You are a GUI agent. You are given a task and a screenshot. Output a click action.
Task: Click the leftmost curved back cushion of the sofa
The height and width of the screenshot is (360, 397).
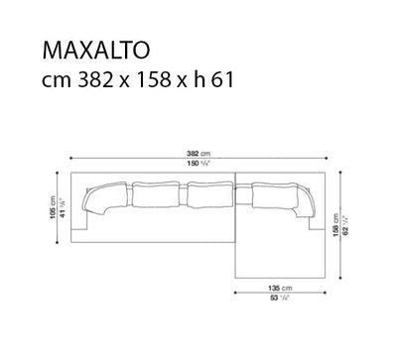point(97,201)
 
